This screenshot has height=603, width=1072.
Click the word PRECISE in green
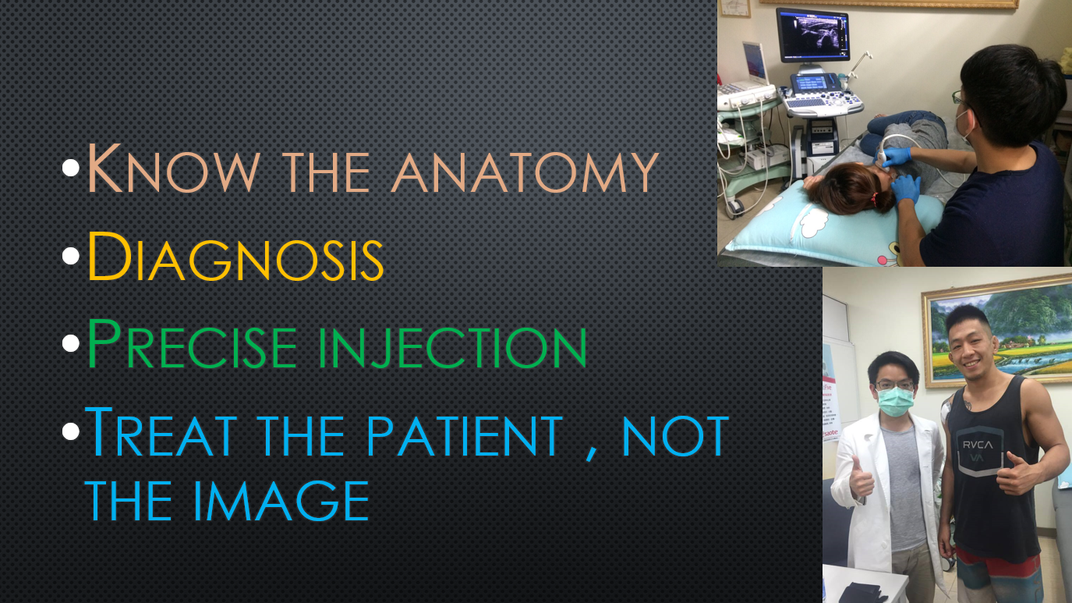tap(192, 344)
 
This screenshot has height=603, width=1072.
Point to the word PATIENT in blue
tap(464, 435)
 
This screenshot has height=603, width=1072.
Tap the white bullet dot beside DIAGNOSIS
tap(71, 256)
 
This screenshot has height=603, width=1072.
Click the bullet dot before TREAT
tap(71, 431)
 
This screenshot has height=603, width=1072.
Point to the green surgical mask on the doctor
tap(895, 402)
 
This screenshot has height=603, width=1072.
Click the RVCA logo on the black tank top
tap(978, 445)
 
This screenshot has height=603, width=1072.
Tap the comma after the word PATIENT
tap(592, 453)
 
